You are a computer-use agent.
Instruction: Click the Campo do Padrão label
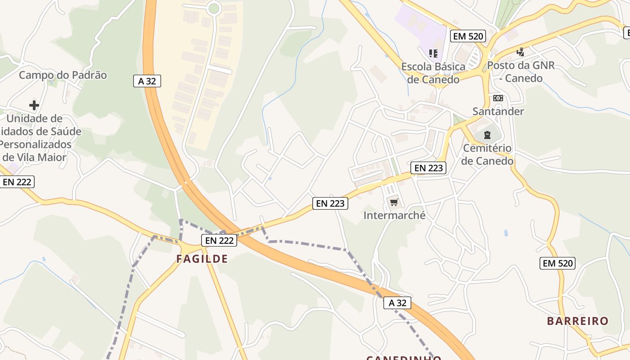(63, 75)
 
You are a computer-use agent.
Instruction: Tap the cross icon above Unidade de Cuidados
(34, 106)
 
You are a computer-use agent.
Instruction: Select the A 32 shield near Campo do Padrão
(147, 81)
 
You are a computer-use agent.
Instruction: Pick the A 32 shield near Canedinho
(397, 303)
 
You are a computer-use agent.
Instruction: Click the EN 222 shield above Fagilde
(219, 240)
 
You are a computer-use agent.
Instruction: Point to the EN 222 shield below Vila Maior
(17, 182)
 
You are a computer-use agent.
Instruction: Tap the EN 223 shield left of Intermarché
(330, 203)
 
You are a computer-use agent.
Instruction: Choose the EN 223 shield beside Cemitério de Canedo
(429, 168)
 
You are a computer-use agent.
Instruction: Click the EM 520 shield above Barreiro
(558, 263)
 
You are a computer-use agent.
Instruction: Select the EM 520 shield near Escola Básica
(468, 36)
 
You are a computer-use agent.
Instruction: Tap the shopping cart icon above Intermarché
(394, 202)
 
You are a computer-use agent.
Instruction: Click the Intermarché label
(394, 215)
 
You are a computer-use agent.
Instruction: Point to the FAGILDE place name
(202, 259)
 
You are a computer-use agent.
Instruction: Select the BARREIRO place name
(578, 321)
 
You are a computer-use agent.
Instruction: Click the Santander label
(498, 111)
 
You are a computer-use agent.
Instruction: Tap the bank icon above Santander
(498, 98)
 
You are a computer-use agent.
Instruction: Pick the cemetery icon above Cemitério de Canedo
(487, 135)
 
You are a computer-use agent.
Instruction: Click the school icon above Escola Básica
(433, 54)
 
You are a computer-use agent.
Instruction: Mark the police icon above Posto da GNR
(521, 52)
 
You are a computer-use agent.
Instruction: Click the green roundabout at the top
(214, 8)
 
